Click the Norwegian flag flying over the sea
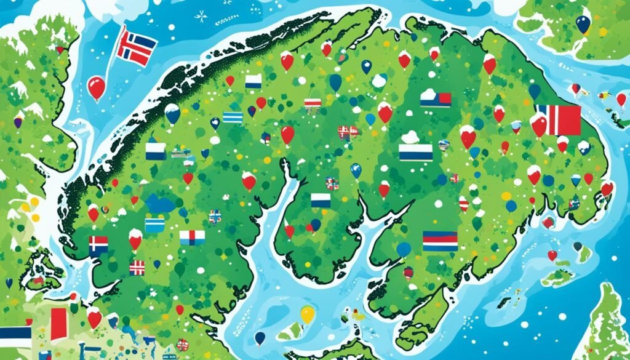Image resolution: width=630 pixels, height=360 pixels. tap(137, 46)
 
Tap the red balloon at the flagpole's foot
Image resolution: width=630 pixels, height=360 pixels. tap(97, 88)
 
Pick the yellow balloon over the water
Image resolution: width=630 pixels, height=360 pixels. tap(308, 314)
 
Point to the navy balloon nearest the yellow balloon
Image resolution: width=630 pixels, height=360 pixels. tap(260, 338)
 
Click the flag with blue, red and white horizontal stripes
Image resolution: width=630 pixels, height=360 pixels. tap(440, 241)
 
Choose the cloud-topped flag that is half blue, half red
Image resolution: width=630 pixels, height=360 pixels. tap(436, 97)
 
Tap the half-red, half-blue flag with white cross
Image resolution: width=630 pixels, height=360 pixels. tap(98, 245)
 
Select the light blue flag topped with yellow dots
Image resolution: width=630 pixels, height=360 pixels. tap(154, 224)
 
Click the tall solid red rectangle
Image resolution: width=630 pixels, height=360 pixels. tap(58, 324)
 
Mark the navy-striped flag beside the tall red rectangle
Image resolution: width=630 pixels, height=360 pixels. tap(15, 336)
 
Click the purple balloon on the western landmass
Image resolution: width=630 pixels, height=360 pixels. tap(19, 119)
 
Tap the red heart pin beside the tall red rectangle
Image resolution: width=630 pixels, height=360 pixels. tap(94, 318)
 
